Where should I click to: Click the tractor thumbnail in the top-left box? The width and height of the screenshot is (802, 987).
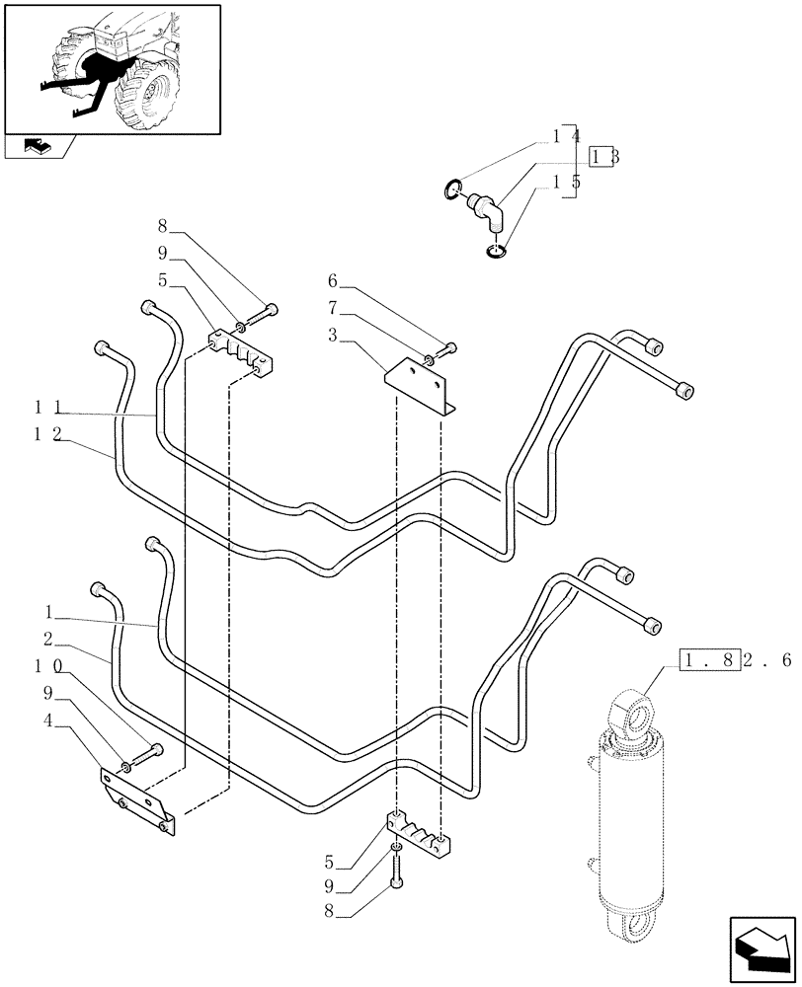(112, 67)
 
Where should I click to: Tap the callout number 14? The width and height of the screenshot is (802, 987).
(566, 135)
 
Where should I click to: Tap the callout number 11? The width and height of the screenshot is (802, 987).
(50, 407)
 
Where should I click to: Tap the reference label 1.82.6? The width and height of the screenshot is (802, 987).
(735, 660)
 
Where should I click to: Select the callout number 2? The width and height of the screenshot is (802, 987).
(49, 641)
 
